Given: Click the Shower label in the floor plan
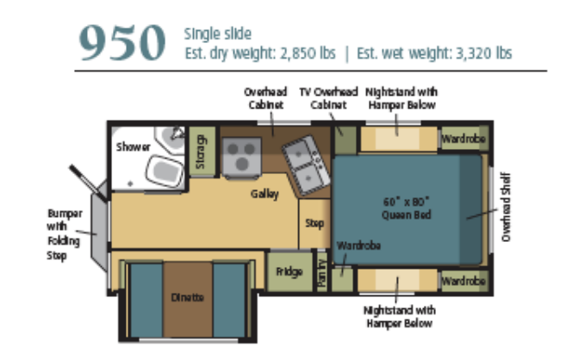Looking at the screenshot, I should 134,147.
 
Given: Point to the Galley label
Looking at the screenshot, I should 264,195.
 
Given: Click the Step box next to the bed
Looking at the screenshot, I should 314,224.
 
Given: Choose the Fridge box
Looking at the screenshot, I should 289,272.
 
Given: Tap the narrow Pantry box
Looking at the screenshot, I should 321,275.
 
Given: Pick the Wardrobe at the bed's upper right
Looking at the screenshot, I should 464,139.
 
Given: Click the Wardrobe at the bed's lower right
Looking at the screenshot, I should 464,281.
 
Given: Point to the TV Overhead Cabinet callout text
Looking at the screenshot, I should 322,97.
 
